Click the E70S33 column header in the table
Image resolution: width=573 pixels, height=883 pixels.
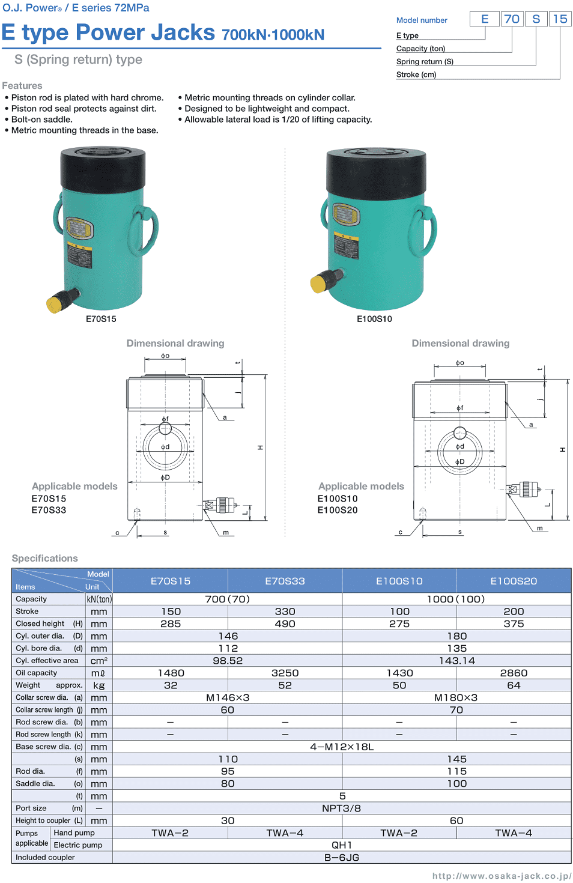(x=285, y=581)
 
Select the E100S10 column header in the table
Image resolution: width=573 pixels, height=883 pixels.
(x=399, y=581)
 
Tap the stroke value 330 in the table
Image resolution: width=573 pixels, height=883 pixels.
(x=285, y=611)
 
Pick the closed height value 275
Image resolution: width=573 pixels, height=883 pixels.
(x=399, y=624)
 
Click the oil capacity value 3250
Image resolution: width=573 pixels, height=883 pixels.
(x=285, y=673)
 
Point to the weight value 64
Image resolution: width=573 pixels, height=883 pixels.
(x=514, y=685)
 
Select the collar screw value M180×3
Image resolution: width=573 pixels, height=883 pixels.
(x=456, y=698)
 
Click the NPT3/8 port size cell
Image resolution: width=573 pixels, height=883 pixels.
(x=341, y=809)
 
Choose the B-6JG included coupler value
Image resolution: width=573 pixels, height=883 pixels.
(x=341, y=858)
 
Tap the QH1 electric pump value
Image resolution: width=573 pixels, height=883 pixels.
(x=341, y=845)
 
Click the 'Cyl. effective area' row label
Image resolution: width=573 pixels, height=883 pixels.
(x=47, y=661)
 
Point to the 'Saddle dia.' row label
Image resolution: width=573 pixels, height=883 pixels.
(x=35, y=784)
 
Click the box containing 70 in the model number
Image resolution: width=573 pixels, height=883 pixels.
(x=512, y=19)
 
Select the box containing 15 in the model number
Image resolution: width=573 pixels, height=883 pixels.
(x=560, y=19)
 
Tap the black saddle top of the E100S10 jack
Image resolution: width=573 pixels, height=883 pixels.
(x=376, y=170)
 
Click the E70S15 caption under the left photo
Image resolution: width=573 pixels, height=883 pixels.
(x=101, y=319)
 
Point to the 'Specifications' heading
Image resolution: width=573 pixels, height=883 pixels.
(x=45, y=559)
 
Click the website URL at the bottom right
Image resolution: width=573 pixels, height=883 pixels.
(x=502, y=876)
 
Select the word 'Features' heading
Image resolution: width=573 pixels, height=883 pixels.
(x=22, y=86)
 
